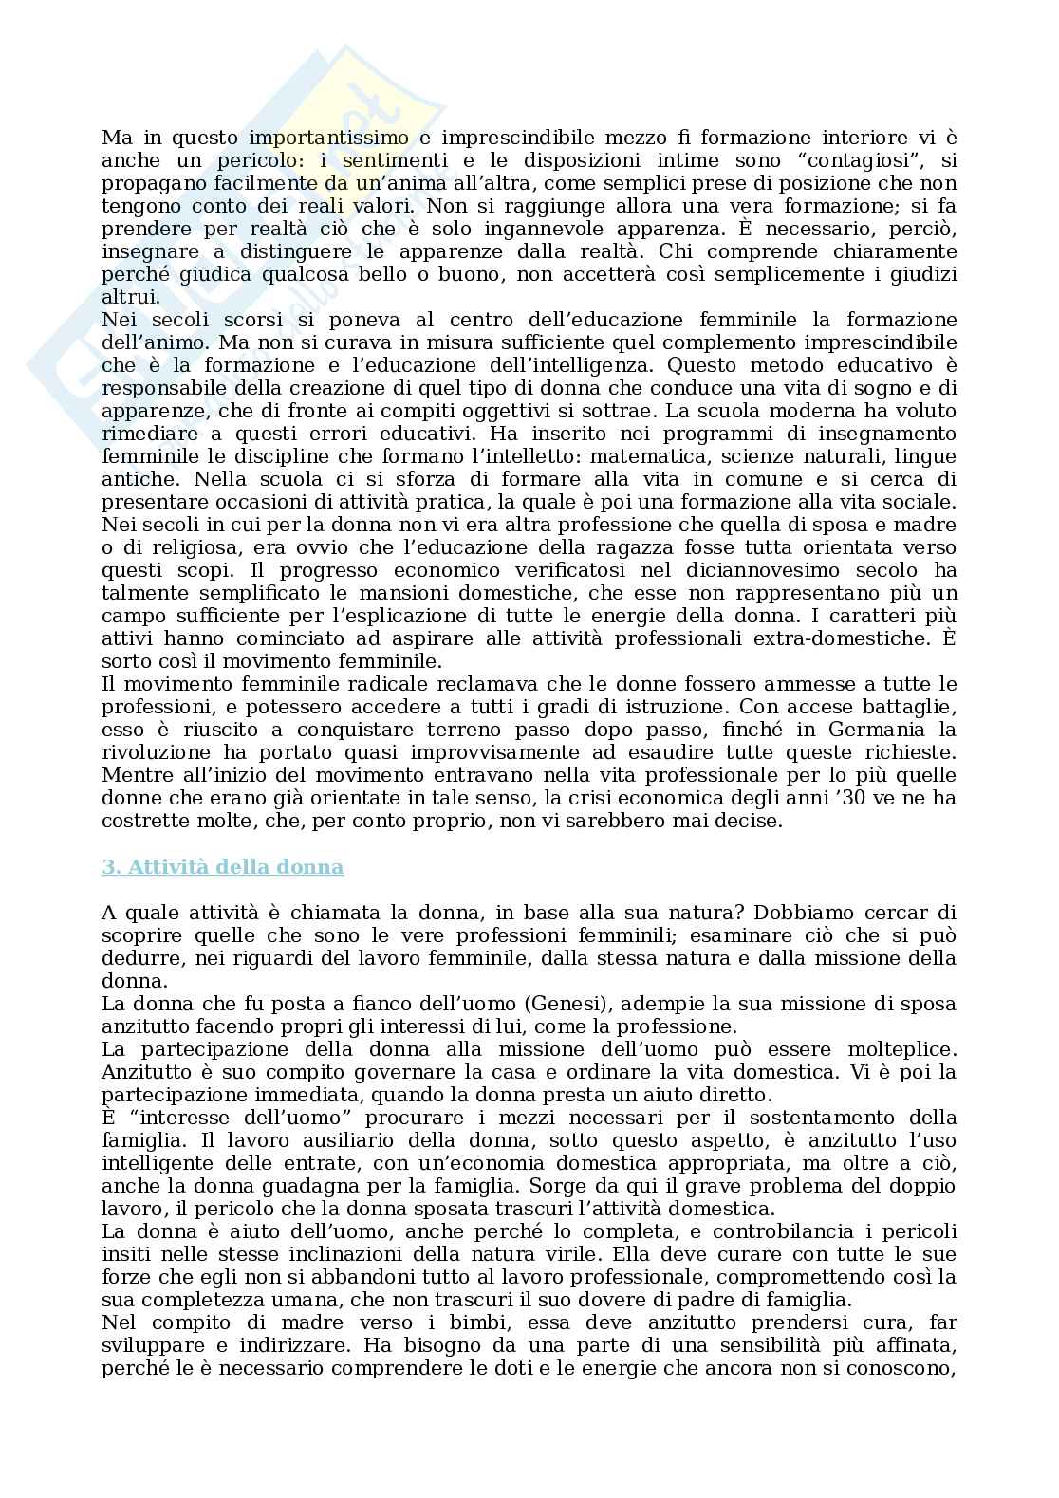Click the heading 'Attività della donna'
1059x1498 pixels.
222,867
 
